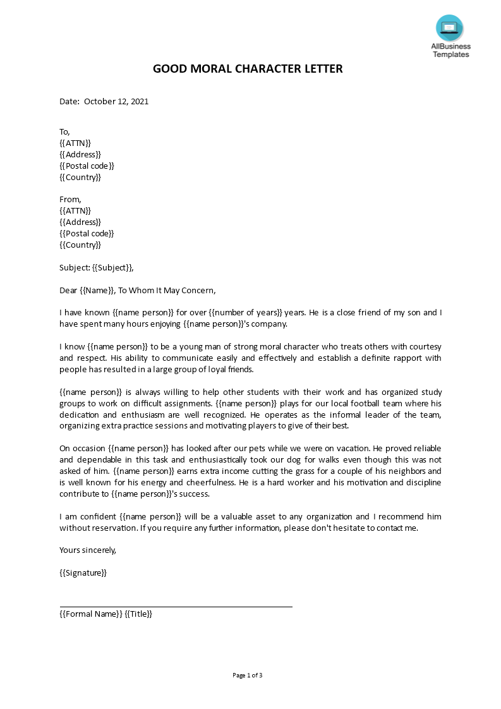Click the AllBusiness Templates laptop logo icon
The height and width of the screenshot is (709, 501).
[x=449, y=28]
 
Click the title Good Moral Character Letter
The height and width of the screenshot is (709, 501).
[x=248, y=69]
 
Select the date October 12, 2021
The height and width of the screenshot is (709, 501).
[x=116, y=101]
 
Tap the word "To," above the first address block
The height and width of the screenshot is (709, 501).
[x=64, y=131]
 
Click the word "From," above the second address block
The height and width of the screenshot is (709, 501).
[x=70, y=199]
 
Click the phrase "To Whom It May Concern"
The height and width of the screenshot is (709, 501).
[x=167, y=290]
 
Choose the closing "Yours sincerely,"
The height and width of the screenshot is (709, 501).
[x=88, y=550]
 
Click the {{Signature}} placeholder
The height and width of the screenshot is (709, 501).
[x=83, y=573]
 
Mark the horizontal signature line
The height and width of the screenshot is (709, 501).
[x=176, y=607]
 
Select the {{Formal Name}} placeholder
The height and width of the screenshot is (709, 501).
[x=90, y=614]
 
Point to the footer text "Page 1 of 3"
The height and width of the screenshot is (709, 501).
[x=248, y=675]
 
